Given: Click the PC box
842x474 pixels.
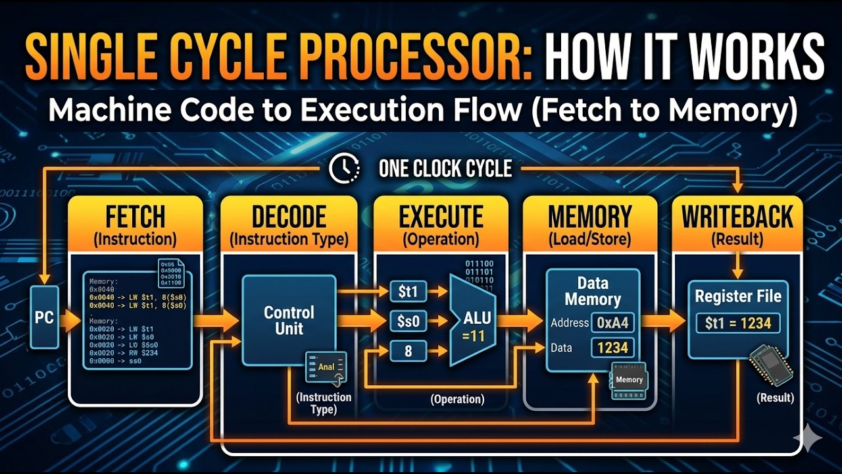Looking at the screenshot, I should pyautogui.click(x=44, y=317).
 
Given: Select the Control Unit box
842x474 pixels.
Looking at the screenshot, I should pyautogui.click(x=289, y=320).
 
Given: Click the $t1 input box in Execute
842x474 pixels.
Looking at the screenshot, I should pyautogui.click(x=408, y=290).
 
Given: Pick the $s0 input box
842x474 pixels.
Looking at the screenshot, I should pyautogui.click(x=408, y=321).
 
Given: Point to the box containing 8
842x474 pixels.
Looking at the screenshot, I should pyautogui.click(x=408, y=352).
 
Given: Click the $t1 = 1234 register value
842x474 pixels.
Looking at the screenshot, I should pyautogui.click(x=737, y=323).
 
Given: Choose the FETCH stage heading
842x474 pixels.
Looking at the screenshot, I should pyautogui.click(x=135, y=217).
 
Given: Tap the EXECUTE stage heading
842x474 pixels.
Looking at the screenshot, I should pyautogui.click(x=441, y=217).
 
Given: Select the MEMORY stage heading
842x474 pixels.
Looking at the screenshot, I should pyautogui.click(x=589, y=217).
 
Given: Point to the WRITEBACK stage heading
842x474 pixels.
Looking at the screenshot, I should pyautogui.click(x=737, y=217).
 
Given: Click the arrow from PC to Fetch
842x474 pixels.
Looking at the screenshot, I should pyautogui.click(x=69, y=321).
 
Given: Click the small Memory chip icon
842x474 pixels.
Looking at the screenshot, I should pyautogui.click(x=629, y=380).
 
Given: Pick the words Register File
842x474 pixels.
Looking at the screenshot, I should pyautogui.click(x=738, y=296).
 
